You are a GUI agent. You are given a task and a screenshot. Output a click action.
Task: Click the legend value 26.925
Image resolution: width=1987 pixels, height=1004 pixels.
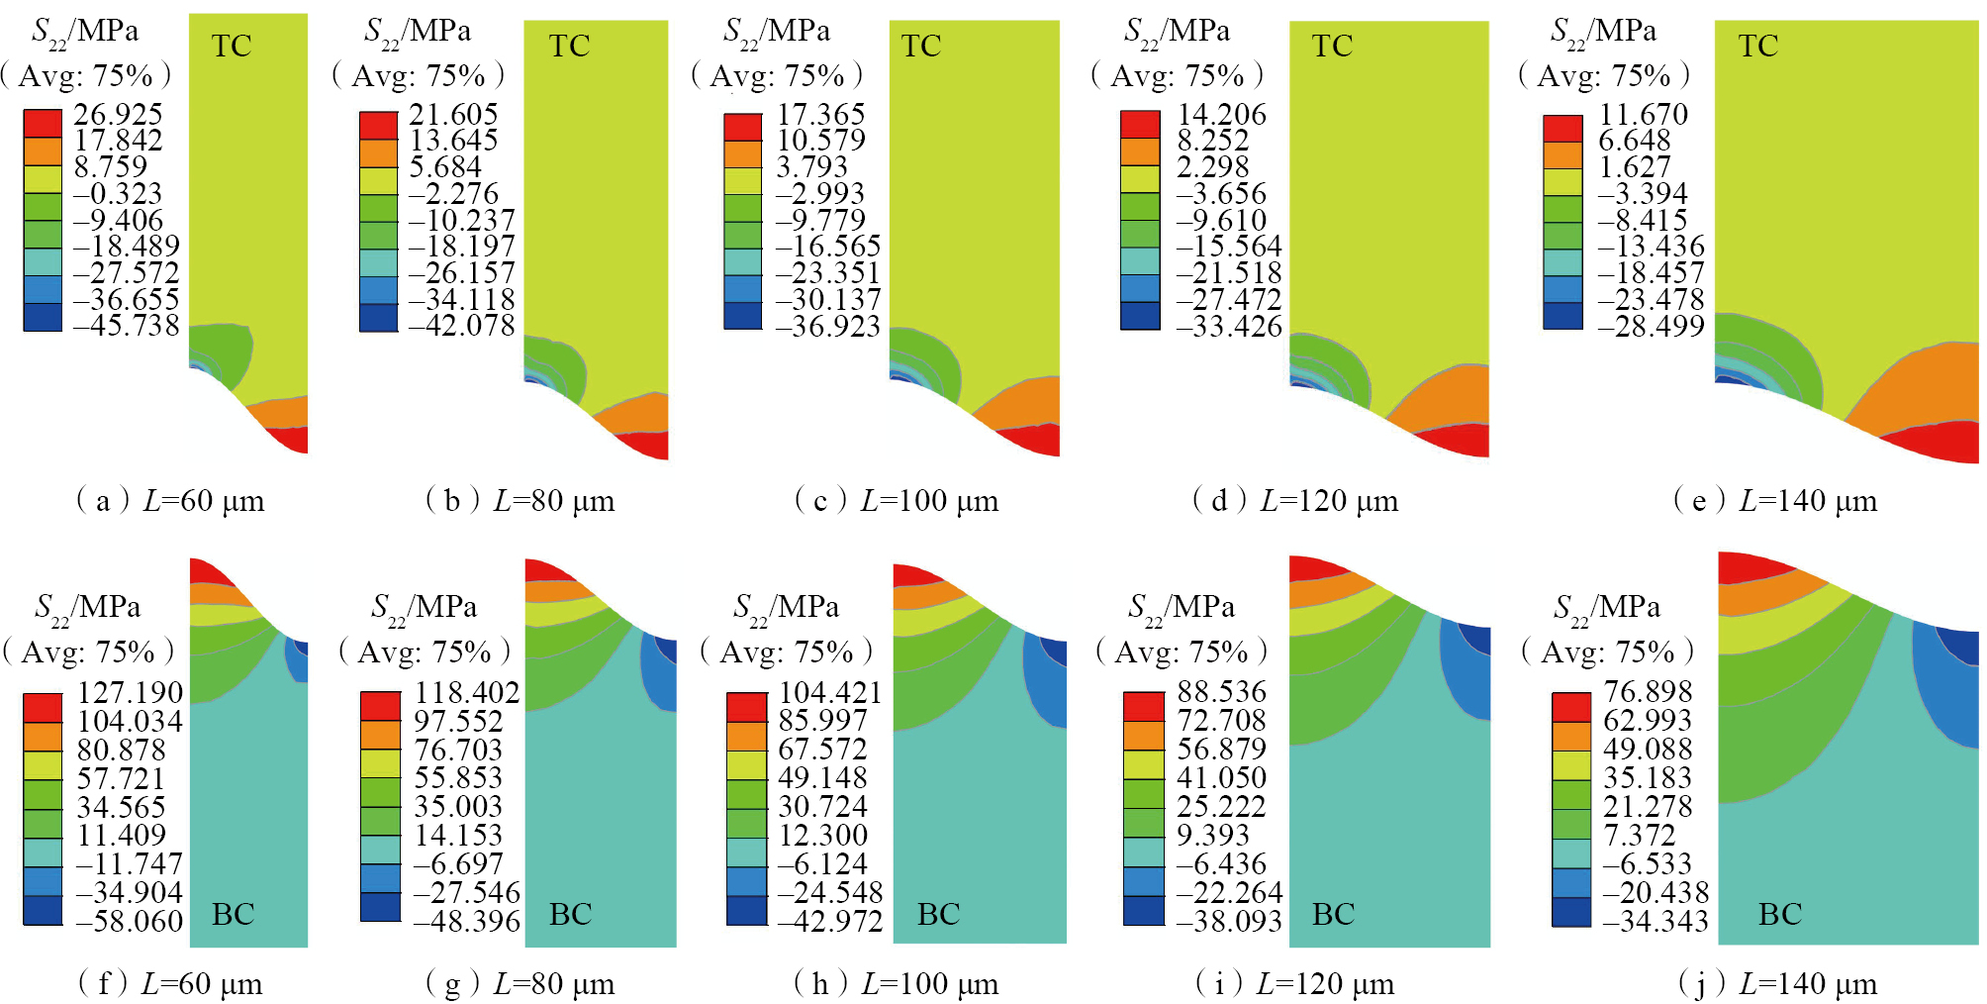pyautogui.click(x=118, y=114)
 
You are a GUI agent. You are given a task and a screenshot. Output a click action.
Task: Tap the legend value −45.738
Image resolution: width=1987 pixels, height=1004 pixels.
pyautogui.click(x=126, y=326)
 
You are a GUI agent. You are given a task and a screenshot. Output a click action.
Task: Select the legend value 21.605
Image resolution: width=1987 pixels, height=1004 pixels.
pyautogui.click(x=453, y=114)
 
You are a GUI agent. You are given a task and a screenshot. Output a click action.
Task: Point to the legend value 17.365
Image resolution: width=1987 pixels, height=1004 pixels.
pyautogui.click(x=820, y=114)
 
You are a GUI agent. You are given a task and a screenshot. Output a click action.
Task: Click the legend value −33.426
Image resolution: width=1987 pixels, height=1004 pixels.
pyautogui.click(x=1228, y=326)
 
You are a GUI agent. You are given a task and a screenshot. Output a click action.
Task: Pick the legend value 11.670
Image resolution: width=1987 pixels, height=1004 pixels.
pyautogui.click(x=1643, y=114)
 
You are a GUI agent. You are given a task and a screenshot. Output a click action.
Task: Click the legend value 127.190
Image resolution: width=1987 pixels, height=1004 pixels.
pyautogui.click(x=130, y=692)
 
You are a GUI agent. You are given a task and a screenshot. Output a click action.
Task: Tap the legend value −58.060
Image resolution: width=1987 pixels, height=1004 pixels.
pyautogui.click(x=130, y=922)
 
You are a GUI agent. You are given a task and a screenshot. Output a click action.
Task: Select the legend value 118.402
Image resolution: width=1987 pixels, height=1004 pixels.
pyautogui.click(x=466, y=692)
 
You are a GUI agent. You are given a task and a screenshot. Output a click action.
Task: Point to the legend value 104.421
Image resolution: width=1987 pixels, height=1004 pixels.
pyautogui.click(x=829, y=692)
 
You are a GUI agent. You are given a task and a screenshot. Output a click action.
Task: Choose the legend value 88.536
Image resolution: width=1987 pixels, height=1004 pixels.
pyautogui.click(x=1221, y=691)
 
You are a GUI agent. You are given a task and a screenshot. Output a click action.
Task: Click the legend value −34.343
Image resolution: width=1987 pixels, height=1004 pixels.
pyautogui.click(x=1656, y=922)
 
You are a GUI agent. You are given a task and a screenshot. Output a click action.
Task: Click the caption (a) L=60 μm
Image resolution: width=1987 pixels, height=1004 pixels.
pyautogui.click(x=170, y=501)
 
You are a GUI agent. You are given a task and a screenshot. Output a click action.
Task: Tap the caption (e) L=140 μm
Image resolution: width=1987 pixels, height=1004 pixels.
pyautogui.click(x=1775, y=501)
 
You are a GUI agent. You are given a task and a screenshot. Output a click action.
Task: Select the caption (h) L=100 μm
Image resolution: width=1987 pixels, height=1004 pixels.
pyautogui.click(x=897, y=984)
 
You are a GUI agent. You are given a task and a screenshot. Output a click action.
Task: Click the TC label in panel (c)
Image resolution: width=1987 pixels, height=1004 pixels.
pyautogui.click(x=921, y=46)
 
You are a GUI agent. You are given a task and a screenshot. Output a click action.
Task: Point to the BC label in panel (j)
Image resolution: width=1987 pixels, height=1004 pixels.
pyautogui.click(x=1779, y=914)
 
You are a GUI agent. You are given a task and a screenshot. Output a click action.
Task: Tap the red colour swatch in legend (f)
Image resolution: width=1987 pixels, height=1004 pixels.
pyautogui.click(x=43, y=708)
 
